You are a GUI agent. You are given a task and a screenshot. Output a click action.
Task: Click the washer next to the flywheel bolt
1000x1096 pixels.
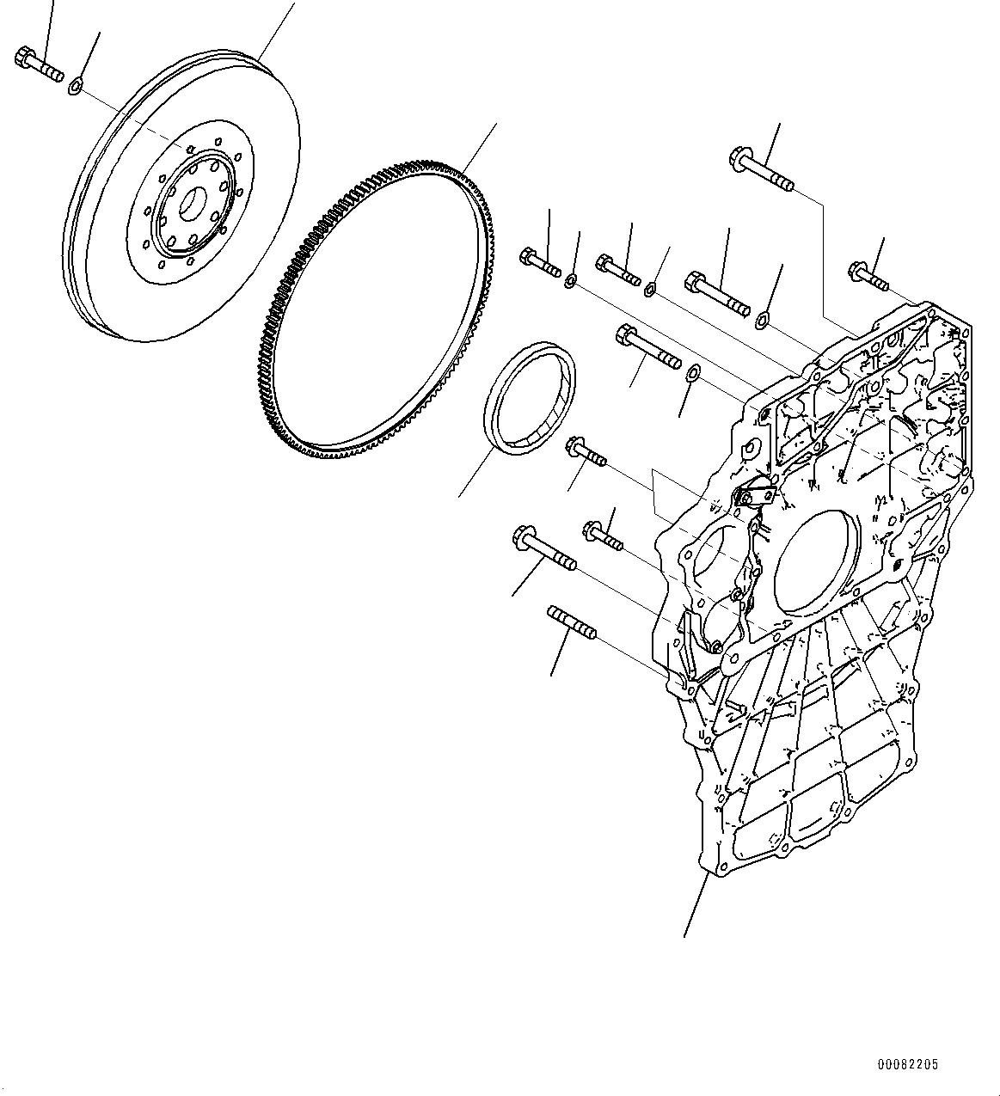pos(76,85)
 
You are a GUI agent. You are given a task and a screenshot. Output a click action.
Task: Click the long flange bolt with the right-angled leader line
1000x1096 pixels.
pos(762,170)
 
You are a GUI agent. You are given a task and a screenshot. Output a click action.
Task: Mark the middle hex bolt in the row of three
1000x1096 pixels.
pos(618,268)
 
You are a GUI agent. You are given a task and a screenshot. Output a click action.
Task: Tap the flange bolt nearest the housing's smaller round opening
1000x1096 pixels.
pos(604,535)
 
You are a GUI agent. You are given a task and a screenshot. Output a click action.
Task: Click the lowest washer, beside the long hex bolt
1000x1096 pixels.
pos(693,372)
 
